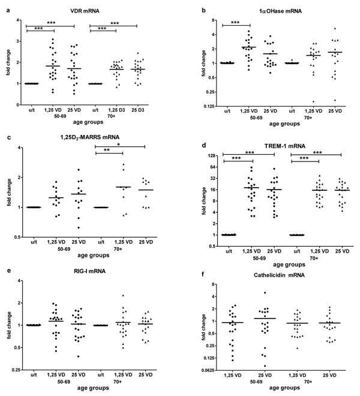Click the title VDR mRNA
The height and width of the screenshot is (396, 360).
pyautogui.click(x=85, y=11)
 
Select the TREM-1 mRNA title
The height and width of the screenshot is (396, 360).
pyautogui.click(x=285, y=146)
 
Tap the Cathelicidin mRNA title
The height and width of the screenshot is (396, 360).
pyautogui.click(x=279, y=275)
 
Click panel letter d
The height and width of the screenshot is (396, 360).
pyautogui.click(x=204, y=145)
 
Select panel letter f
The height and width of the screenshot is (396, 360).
pyautogui.click(x=203, y=275)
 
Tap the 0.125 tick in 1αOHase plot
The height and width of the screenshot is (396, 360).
pyautogui.click(x=209, y=107)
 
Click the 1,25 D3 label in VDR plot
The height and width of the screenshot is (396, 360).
pyautogui.click(x=116, y=110)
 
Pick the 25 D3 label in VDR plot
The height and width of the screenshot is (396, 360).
pyautogui.click(x=137, y=110)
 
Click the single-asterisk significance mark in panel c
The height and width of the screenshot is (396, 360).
pyautogui.click(x=119, y=145)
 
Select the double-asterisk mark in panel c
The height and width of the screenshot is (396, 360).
pyautogui.click(x=107, y=150)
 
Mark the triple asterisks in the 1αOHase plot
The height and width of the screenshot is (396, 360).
pyautogui.click(x=235, y=23)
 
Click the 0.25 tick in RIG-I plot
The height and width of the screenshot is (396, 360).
pyautogui.click(x=17, y=370)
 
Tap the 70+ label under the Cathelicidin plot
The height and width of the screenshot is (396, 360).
pyautogui.click(x=308, y=382)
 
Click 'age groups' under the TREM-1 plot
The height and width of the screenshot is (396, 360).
pyautogui.click(x=289, y=265)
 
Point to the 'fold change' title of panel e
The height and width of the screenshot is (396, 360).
pyautogui.click(x=9, y=325)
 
